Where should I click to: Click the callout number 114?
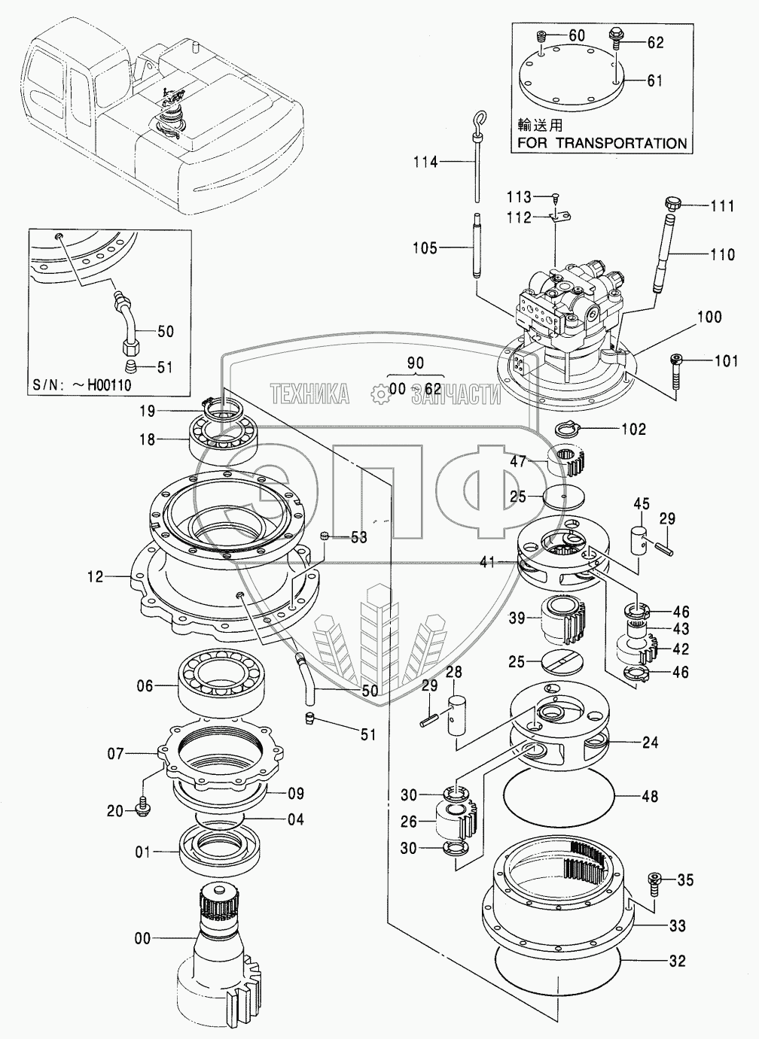425,161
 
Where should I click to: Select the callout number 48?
649,796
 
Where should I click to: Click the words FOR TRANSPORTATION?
601,143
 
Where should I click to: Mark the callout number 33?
677,926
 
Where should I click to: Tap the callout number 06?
144,685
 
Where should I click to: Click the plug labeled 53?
325,536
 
